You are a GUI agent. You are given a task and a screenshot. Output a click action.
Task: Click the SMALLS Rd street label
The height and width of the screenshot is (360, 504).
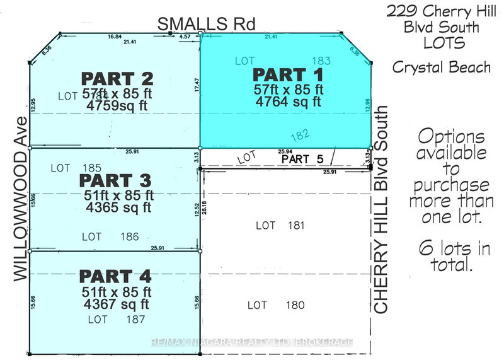pyautogui.click(x=207, y=24)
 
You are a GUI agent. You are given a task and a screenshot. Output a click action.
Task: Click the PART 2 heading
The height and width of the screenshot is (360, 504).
pyautogui.click(x=117, y=79)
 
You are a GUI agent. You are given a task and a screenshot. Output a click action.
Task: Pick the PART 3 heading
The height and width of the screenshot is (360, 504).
pyautogui.click(x=117, y=180)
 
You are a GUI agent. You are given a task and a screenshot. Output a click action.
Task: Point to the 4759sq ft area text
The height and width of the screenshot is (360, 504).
pyautogui.click(x=118, y=106)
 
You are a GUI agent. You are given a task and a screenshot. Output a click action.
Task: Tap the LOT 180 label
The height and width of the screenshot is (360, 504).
pyautogui.click(x=276, y=306)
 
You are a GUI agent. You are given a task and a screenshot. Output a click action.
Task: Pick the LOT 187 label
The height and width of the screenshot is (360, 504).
pyautogui.click(x=117, y=320)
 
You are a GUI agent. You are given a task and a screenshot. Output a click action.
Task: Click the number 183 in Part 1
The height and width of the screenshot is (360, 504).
pyautogui.click(x=321, y=61)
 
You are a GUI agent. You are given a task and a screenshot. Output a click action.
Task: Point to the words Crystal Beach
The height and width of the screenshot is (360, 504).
pyautogui.click(x=440, y=67)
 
